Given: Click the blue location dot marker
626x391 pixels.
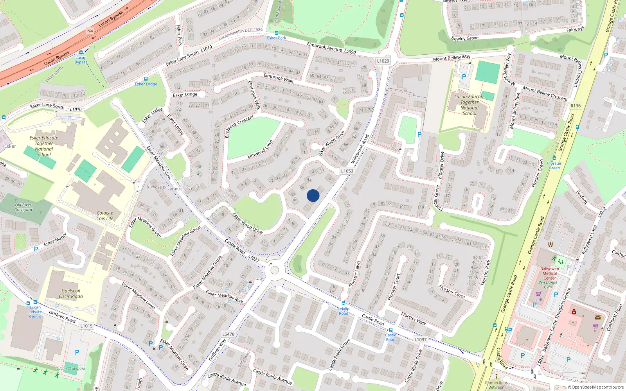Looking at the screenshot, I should (313, 195).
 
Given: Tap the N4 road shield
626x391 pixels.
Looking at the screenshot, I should (90, 31).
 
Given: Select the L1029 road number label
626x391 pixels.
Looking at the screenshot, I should (383, 61).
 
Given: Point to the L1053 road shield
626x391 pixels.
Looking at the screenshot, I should (347, 171).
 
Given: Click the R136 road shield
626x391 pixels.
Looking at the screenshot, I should (576, 106).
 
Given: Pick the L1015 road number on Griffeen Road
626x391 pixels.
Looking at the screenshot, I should (86, 326).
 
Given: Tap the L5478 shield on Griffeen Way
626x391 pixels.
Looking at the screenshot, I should (228, 334).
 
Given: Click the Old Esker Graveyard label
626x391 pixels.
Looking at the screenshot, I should (23, 207).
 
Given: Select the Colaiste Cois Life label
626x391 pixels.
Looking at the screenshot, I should (105, 216).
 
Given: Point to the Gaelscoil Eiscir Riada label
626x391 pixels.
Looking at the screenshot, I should (71, 294).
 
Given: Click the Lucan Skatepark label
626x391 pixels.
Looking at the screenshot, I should (71, 368).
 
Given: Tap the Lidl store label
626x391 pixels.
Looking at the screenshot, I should (539, 300).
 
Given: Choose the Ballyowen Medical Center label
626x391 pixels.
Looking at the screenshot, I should (550, 273).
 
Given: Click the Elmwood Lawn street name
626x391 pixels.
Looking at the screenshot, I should (260, 149).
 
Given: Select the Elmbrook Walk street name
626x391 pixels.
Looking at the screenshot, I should (279, 78).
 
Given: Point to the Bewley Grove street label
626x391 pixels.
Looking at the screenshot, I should (465, 38).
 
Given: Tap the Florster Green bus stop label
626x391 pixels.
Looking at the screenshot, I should (554, 165).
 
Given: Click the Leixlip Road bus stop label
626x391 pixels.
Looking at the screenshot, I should (344, 311).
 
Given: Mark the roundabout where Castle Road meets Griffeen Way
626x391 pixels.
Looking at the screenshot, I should (275, 270).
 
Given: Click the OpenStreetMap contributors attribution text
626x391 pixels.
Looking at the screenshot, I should (596, 387).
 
